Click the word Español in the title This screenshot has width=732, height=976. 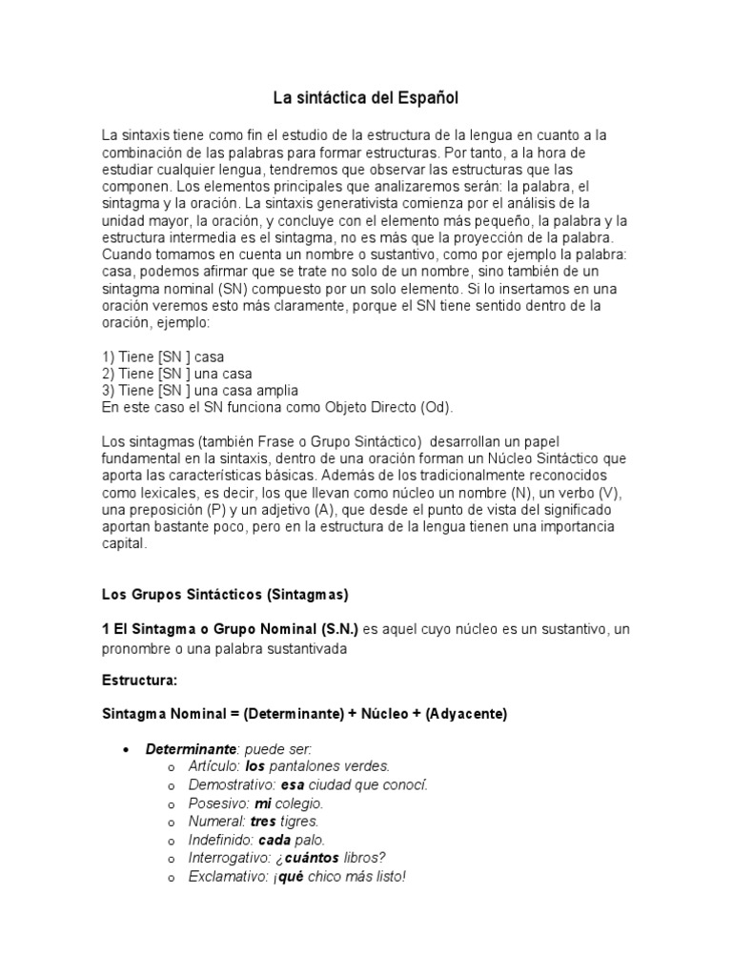point(426,97)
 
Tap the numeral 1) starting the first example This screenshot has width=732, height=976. point(109,356)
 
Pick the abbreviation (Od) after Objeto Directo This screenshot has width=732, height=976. point(437,408)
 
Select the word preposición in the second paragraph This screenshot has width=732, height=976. point(161,510)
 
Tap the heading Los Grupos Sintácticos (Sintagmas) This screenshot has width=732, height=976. point(225,595)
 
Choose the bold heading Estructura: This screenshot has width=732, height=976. point(140,682)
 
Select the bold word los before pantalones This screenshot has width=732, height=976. point(254,765)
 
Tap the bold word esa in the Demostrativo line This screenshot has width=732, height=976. point(292,784)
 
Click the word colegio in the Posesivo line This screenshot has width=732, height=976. point(303,803)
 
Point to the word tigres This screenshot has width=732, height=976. point(298,821)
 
